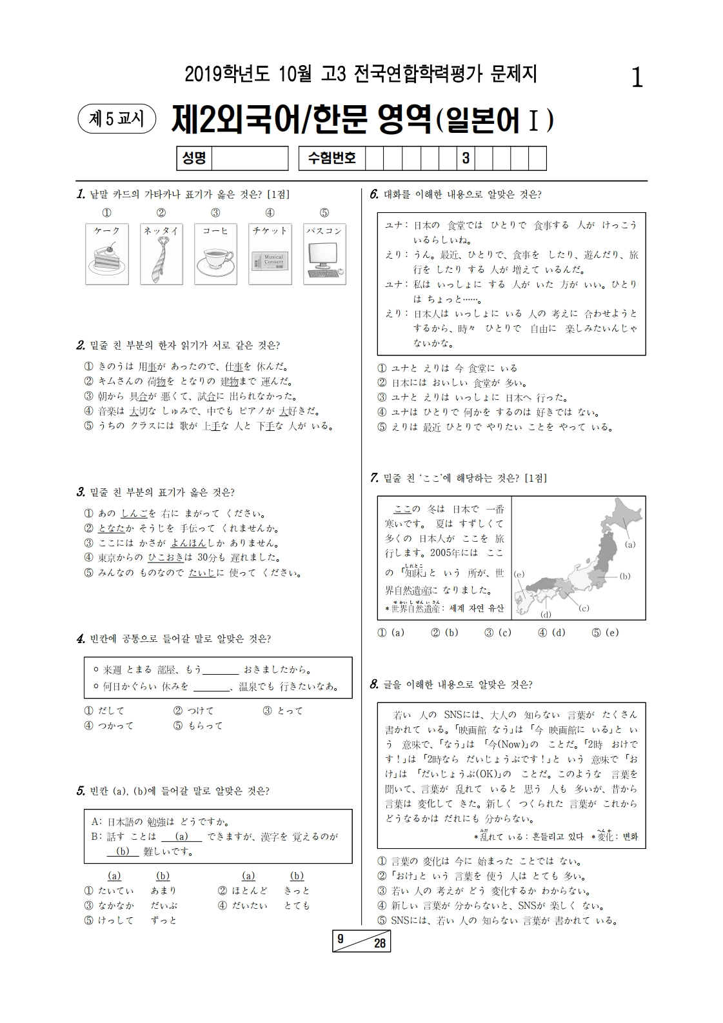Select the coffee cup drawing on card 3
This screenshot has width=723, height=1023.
pos(215,261)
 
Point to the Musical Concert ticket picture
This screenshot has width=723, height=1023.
pos(270,263)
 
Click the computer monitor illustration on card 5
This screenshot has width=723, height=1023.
pos(324,261)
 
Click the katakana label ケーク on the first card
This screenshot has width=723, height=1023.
pos(106,231)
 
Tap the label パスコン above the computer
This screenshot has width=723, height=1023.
pos(324,231)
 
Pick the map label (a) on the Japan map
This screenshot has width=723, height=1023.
pos(630,544)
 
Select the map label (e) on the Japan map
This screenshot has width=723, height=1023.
pos(519,574)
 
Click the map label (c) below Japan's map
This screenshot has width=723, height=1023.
pos(584,608)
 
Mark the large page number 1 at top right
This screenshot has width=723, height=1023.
pos(637,79)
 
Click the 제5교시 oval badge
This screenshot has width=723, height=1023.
pos(116,119)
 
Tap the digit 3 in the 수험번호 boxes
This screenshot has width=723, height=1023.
pos(465,159)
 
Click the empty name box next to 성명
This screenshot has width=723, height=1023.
pos(250,159)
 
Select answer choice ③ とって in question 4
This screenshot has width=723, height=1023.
pos(282,711)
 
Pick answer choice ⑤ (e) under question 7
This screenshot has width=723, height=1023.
pos(604,633)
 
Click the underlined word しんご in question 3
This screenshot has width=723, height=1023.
pos(134,514)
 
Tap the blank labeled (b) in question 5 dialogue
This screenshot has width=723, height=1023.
pos(123,851)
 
